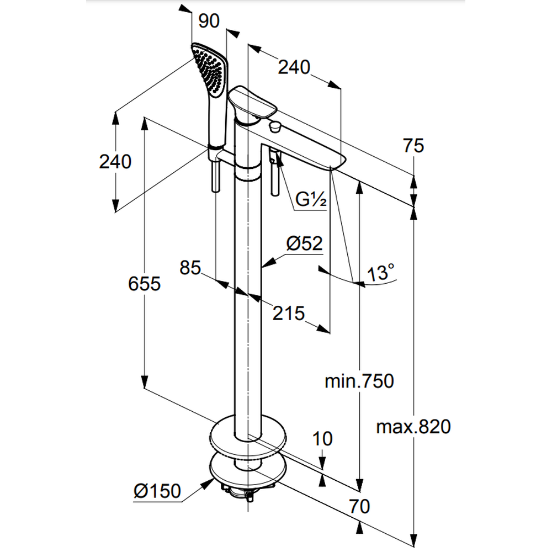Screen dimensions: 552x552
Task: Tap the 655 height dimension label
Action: pyautogui.click(x=144, y=284)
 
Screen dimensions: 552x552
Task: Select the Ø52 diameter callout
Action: pyautogui.click(x=304, y=243)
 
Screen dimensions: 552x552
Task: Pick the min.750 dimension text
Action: pyautogui.click(x=359, y=381)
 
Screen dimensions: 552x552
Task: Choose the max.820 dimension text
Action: pyautogui.click(x=413, y=427)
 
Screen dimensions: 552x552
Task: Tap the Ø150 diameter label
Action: pyautogui.click(x=157, y=491)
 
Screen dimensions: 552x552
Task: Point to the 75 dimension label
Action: pyautogui.click(x=413, y=146)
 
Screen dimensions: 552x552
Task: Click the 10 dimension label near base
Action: pyautogui.click(x=323, y=439)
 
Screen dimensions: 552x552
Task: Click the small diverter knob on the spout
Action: pyautogui.click(x=273, y=128)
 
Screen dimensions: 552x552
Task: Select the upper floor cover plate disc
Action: pyautogui.click(x=248, y=436)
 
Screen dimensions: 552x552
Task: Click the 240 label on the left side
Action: pyautogui.click(x=115, y=162)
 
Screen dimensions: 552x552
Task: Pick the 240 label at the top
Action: pyautogui.click(x=294, y=67)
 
